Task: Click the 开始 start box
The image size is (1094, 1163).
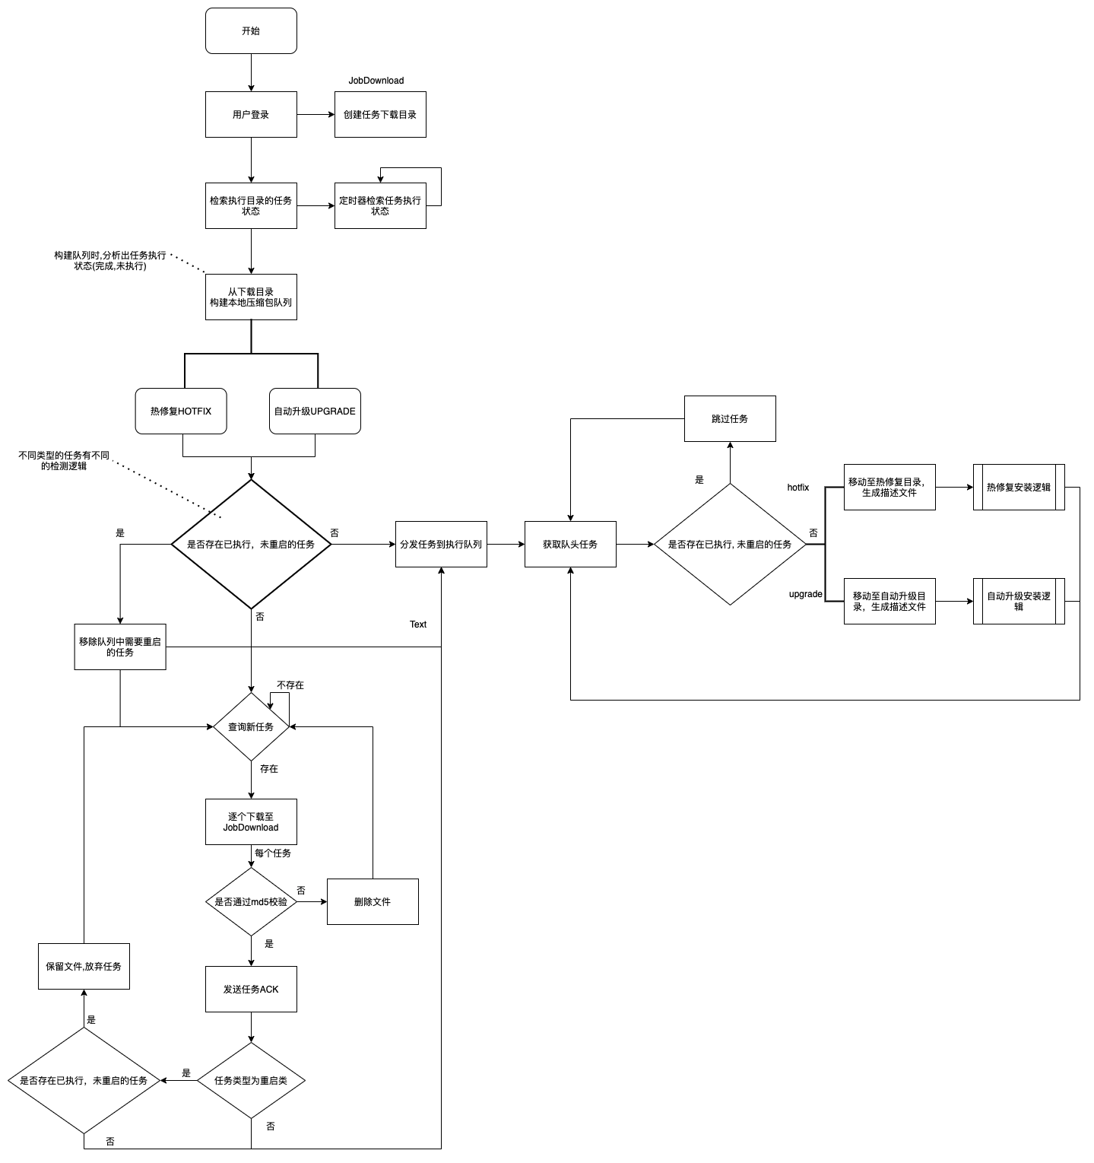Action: point(251,31)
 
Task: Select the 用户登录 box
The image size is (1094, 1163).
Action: point(251,115)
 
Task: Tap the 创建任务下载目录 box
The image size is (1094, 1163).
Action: point(380,115)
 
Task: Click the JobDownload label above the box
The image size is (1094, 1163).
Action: point(376,81)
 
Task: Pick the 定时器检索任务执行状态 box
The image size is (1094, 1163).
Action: point(380,206)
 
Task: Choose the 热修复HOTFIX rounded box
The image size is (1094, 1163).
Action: point(181,411)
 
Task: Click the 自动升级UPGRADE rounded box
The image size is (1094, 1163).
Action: point(315,411)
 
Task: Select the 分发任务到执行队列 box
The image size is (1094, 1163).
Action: point(441,545)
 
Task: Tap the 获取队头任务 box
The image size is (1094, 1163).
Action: point(570,545)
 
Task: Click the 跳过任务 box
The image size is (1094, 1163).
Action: point(730,419)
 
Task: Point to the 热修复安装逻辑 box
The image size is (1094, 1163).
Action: point(1019,488)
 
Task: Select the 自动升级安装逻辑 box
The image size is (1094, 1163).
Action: point(1019,602)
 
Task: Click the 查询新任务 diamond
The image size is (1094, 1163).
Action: point(251,727)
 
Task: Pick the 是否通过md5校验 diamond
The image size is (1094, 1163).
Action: point(251,902)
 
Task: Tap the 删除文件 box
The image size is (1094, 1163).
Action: point(373,902)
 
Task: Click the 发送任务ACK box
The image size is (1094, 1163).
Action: point(251,990)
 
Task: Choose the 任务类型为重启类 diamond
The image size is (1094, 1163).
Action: point(251,1081)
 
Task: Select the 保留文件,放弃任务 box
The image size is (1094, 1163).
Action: point(84,967)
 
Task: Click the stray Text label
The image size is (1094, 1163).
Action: point(418,624)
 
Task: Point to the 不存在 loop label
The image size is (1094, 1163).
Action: point(290,685)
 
